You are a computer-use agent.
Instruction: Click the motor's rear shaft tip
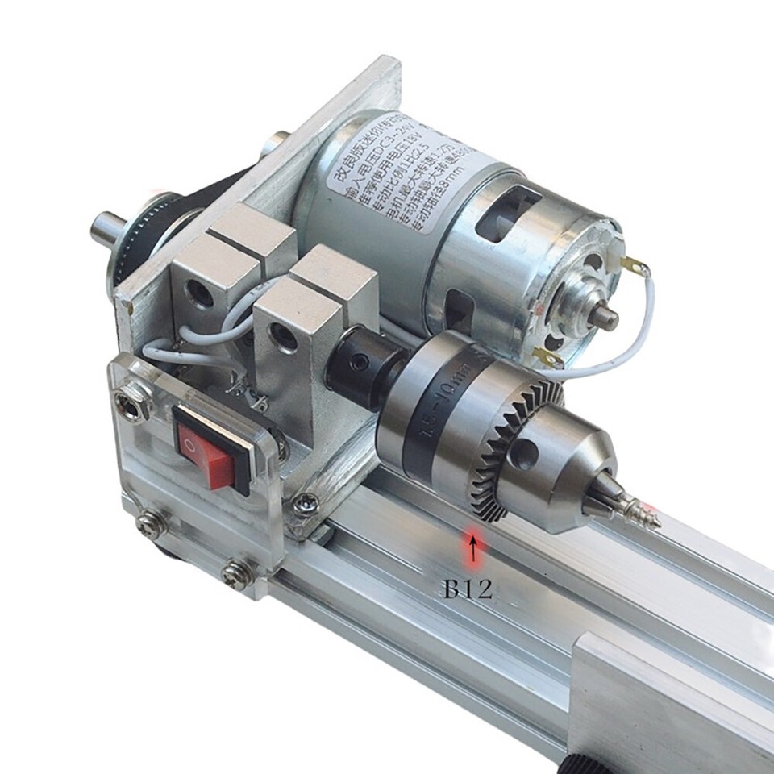[605, 317]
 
